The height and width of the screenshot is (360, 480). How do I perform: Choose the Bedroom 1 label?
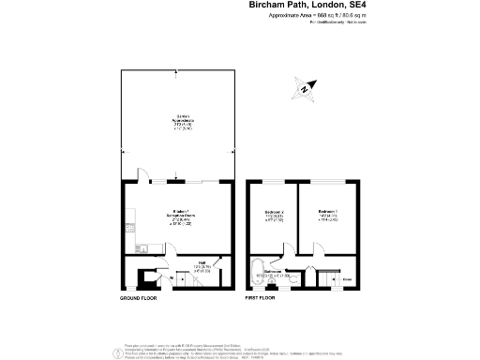click(328, 216)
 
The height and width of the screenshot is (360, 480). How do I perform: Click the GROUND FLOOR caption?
click(138, 298)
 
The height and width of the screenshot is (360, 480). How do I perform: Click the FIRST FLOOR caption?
click(263, 298)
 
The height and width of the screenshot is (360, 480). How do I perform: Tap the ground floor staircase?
click(148, 278)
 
